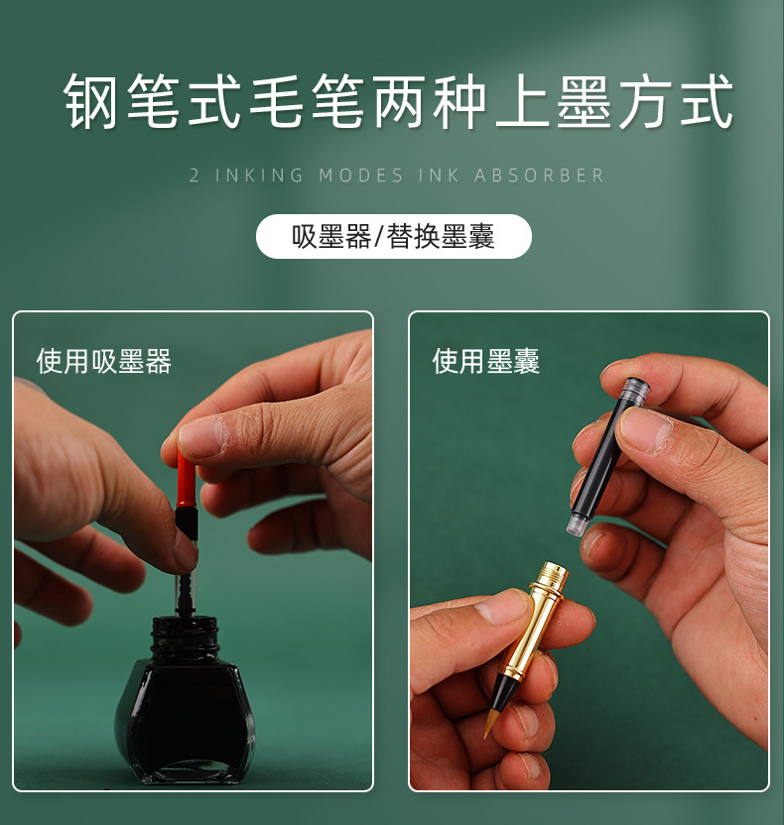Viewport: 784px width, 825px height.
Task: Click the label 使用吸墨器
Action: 104,361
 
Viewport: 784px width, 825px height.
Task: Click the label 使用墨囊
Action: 486,361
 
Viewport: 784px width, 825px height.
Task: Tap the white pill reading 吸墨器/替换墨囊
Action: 394,237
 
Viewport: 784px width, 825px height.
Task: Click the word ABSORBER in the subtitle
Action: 539,176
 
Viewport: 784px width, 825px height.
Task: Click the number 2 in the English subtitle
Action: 194,176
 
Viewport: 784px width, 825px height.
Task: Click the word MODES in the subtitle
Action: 361,176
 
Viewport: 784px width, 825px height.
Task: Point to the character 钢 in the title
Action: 94,102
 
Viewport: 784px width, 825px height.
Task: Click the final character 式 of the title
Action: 707,102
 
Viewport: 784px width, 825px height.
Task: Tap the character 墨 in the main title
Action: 584,102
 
